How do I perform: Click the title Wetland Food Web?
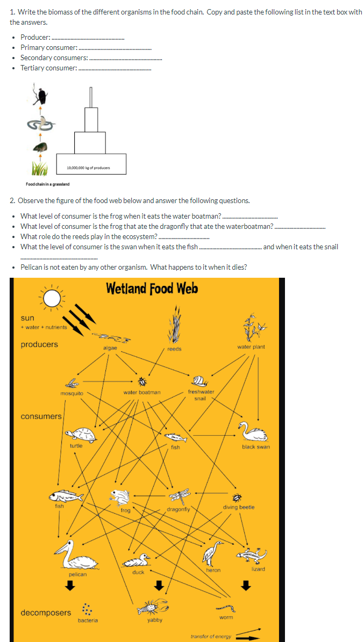tap(152, 289)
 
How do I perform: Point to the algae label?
tap(110, 348)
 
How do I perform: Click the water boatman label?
tap(142, 392)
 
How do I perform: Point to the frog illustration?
tap(119, 497)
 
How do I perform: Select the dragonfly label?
tap(178, 508)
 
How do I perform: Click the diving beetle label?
tap(238, 507)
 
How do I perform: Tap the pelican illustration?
tap(75, 556)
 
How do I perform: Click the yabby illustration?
tap(152, 607)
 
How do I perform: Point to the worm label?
tap(226, 617)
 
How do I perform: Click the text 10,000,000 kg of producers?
tap(88, 168)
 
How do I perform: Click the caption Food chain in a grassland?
tap(47, 184)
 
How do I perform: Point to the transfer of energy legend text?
tap(211, 636)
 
